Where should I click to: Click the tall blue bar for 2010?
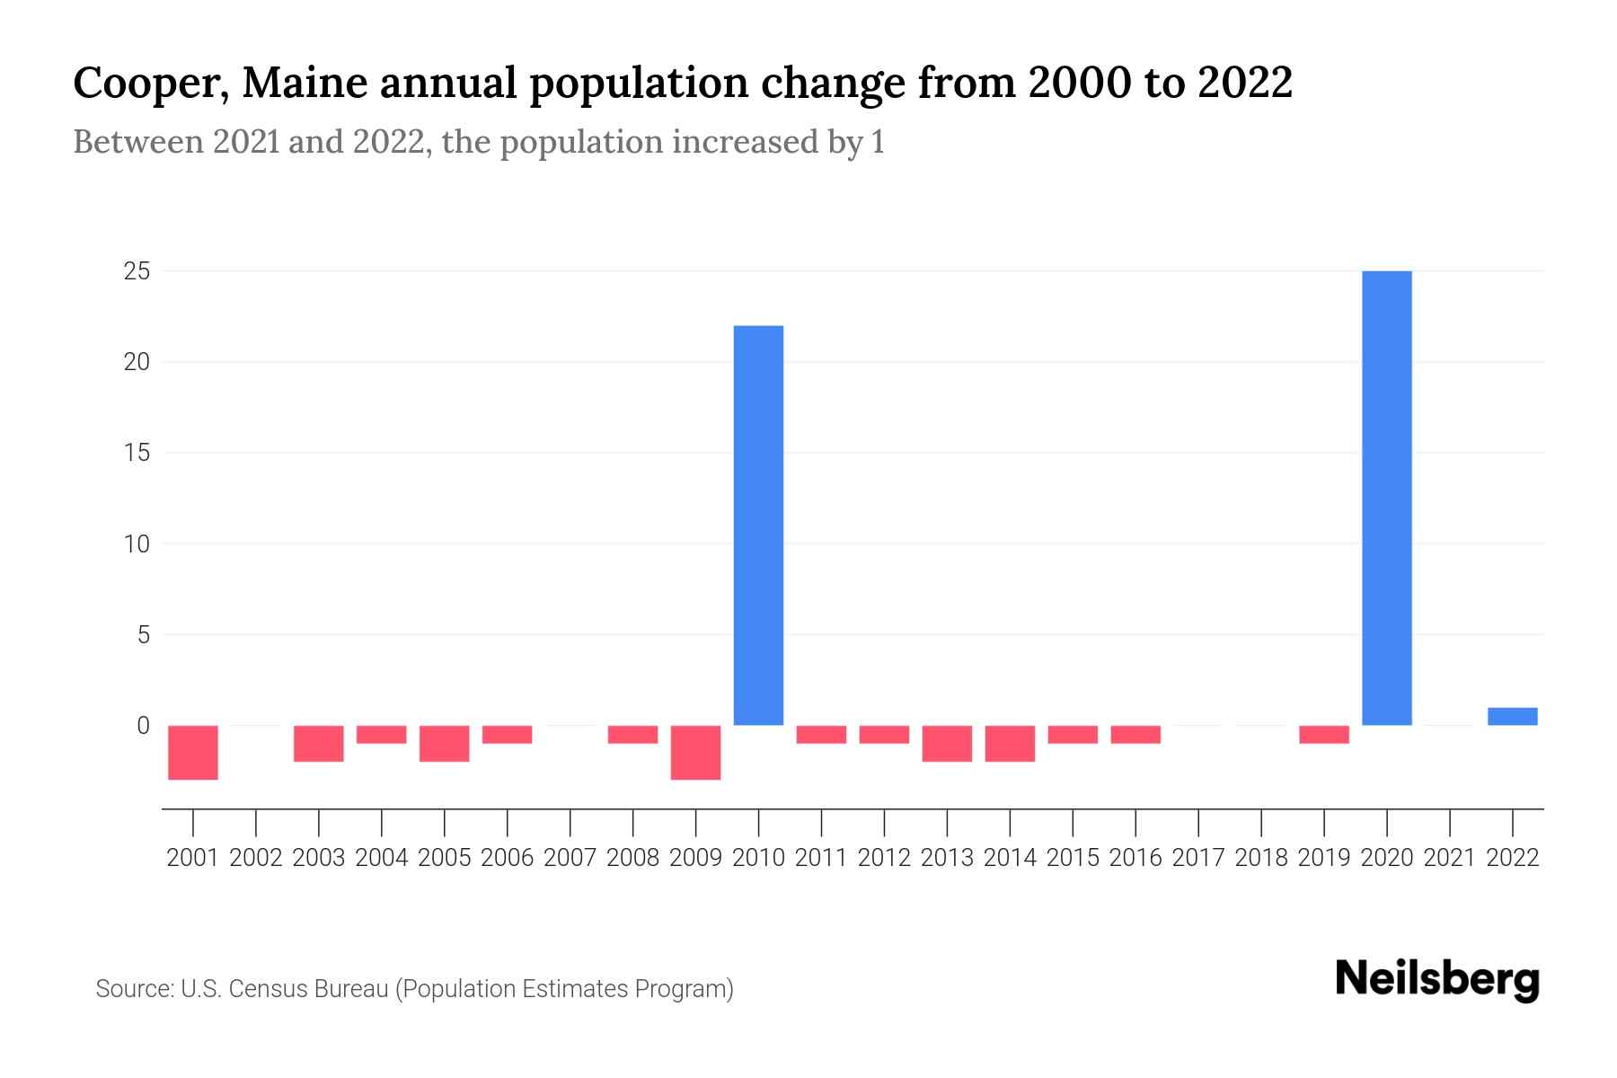758,525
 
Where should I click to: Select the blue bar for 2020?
1386,498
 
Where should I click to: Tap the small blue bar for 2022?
1512,716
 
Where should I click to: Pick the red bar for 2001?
193,752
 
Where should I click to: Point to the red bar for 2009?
695,752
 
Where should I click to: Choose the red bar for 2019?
1323,734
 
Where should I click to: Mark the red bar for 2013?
947,743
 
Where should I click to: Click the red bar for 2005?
444,743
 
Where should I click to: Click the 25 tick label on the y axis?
137,270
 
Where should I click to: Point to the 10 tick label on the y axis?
137,543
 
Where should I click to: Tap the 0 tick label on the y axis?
143,725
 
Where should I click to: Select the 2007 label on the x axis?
570,858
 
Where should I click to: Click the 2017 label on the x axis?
1197,858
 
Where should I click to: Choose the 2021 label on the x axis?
1449,858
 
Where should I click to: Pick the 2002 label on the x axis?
256,858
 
